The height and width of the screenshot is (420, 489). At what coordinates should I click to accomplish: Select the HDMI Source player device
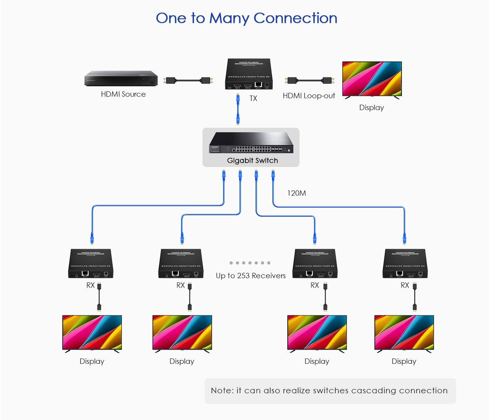point(121,78)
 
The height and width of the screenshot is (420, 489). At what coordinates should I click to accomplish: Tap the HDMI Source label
point(123,94)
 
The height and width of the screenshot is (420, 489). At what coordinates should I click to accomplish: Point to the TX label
point(253,98)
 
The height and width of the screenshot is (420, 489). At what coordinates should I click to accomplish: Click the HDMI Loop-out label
point(309,96)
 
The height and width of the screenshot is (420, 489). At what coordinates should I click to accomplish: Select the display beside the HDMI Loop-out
point(372,79)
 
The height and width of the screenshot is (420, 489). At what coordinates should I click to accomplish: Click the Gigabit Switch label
point(253,161)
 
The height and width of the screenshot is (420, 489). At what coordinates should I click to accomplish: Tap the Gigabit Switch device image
point(251,143)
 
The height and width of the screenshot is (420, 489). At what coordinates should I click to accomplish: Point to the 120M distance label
point(296,193)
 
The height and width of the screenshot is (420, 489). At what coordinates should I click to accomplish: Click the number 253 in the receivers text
point(243,276)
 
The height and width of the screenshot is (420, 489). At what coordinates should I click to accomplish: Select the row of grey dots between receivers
point(250,263)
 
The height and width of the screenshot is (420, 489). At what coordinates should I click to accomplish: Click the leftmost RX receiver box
point(91,264)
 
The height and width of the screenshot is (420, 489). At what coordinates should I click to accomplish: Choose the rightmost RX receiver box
point(405,264)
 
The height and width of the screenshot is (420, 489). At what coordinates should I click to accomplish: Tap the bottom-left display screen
point(92,332)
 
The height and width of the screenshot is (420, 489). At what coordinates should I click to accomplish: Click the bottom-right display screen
point(404,332)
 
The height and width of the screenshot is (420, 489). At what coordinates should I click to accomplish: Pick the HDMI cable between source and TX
point(188,81)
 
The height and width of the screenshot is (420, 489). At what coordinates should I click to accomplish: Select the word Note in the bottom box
point(222,391)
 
